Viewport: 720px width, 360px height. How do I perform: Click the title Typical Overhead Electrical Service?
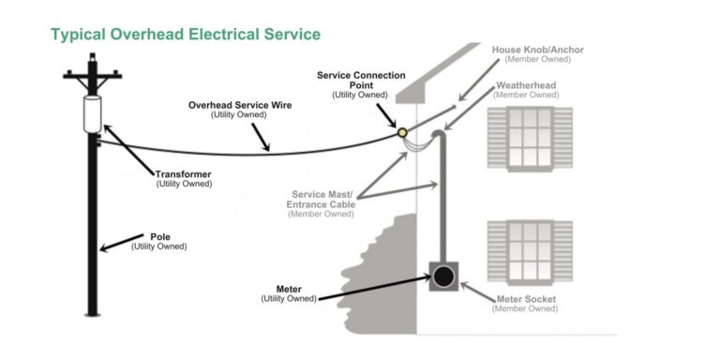186,35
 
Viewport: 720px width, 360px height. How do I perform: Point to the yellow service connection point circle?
403,133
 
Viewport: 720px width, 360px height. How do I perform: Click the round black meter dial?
443,277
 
